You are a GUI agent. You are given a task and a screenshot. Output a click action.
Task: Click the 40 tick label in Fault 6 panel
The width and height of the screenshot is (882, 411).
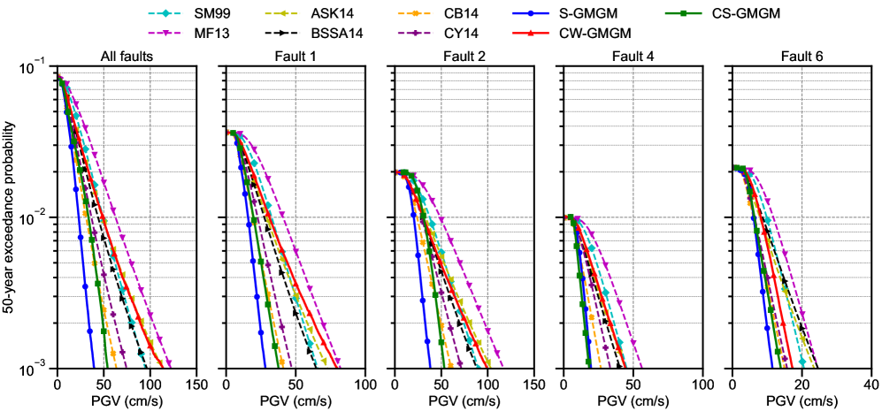(870, 385)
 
